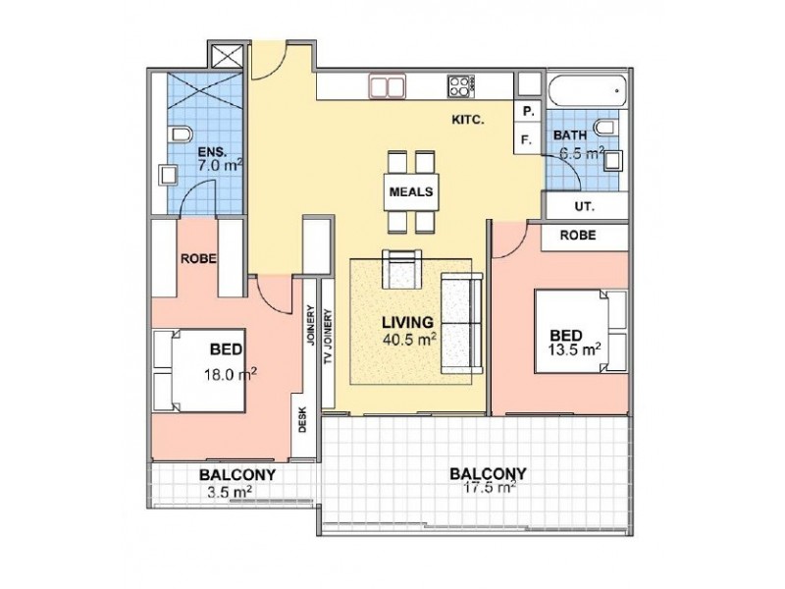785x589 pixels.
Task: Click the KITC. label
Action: tap(468, 120)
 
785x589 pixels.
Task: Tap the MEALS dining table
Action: tap(411, 191)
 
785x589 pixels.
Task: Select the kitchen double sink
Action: tap(387, 86)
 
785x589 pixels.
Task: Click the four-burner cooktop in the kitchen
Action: tap(461, 86)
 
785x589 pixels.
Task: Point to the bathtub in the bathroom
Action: tap(587, 90)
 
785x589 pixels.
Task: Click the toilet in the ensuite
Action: tap(181, 134)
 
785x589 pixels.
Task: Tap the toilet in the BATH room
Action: tap(607, 128)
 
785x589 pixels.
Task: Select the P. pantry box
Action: tap(528, 112)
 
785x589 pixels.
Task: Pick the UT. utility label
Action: tap(584, 206)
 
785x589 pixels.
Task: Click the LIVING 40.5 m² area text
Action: tap(408, 331)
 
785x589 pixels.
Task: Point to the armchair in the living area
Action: tap(401, 269)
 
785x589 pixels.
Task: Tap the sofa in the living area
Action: tap(461, 324)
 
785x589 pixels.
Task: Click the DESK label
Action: tap(302, 419)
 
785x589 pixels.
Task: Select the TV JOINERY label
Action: tap(329, 337)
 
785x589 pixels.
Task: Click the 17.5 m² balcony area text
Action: tap(490, 487)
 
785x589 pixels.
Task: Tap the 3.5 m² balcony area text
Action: tap(230, 492)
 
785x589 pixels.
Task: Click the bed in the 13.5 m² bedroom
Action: tap(581, 331)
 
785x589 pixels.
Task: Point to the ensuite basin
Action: tap(168, 176)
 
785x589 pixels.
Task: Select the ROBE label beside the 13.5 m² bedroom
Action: tap(578, 235)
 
